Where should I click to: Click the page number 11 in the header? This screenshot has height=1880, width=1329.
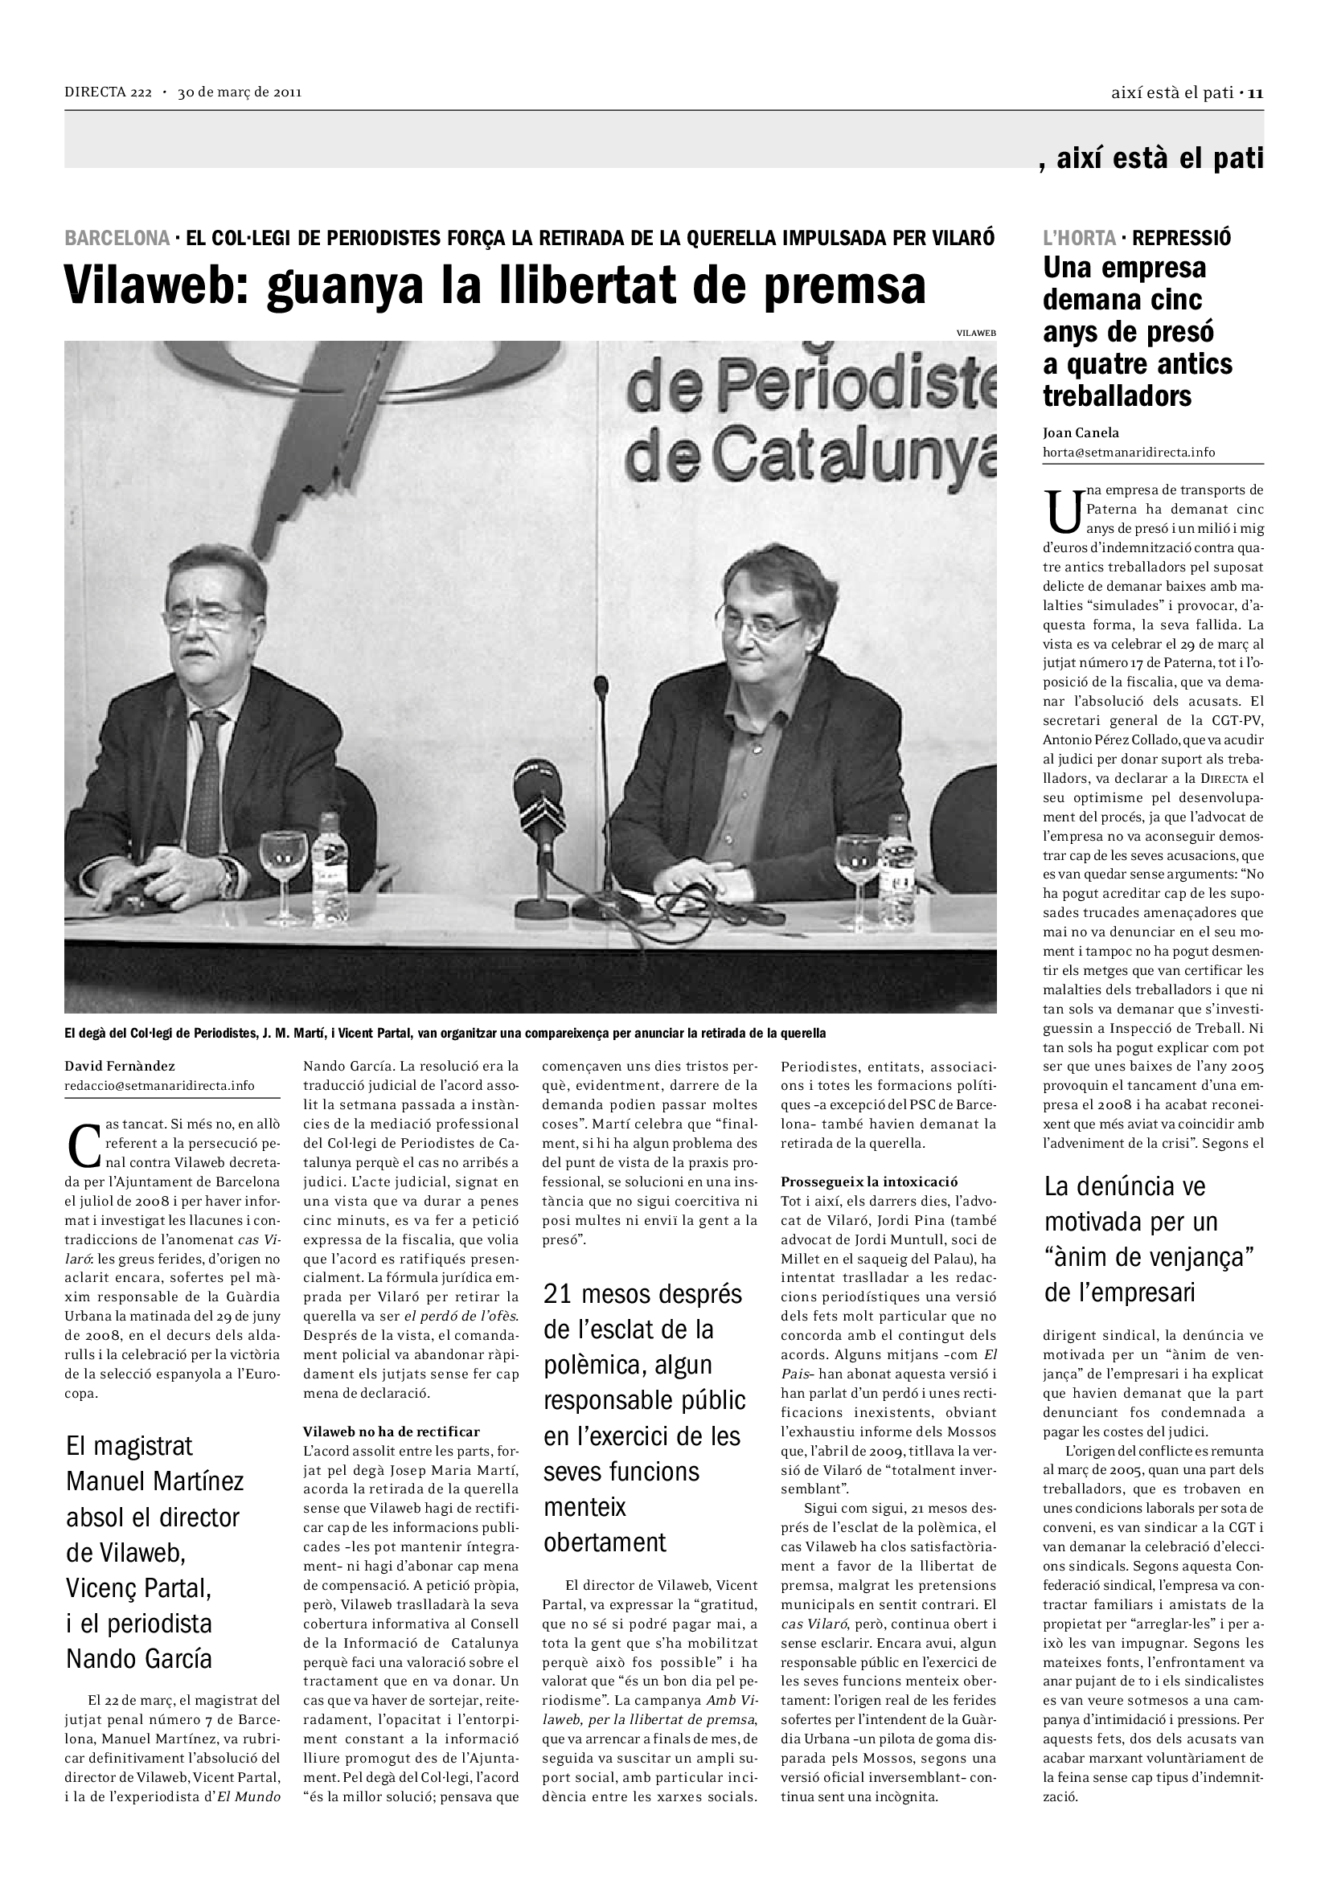(x=1256, y=92)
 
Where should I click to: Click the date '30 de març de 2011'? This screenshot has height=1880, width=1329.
(x=240, y=92)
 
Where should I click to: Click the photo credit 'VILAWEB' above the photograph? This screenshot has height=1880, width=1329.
(x=975, y=333)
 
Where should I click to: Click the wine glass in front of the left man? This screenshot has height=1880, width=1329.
(x=282, y=860)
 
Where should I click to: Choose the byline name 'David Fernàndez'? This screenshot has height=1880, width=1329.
(x=120, y=1066)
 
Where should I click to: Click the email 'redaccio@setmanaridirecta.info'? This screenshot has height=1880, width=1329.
(x=160, y=1086)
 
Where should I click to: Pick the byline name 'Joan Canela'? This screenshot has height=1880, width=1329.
(x=1081, y=433)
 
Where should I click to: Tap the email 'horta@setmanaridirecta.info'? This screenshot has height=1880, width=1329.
(x=1128, y=452)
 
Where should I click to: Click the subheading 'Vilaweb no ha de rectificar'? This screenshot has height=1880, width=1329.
(x=392, y=1432)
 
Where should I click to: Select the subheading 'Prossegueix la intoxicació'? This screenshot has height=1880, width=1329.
(x=869, y=1182)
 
